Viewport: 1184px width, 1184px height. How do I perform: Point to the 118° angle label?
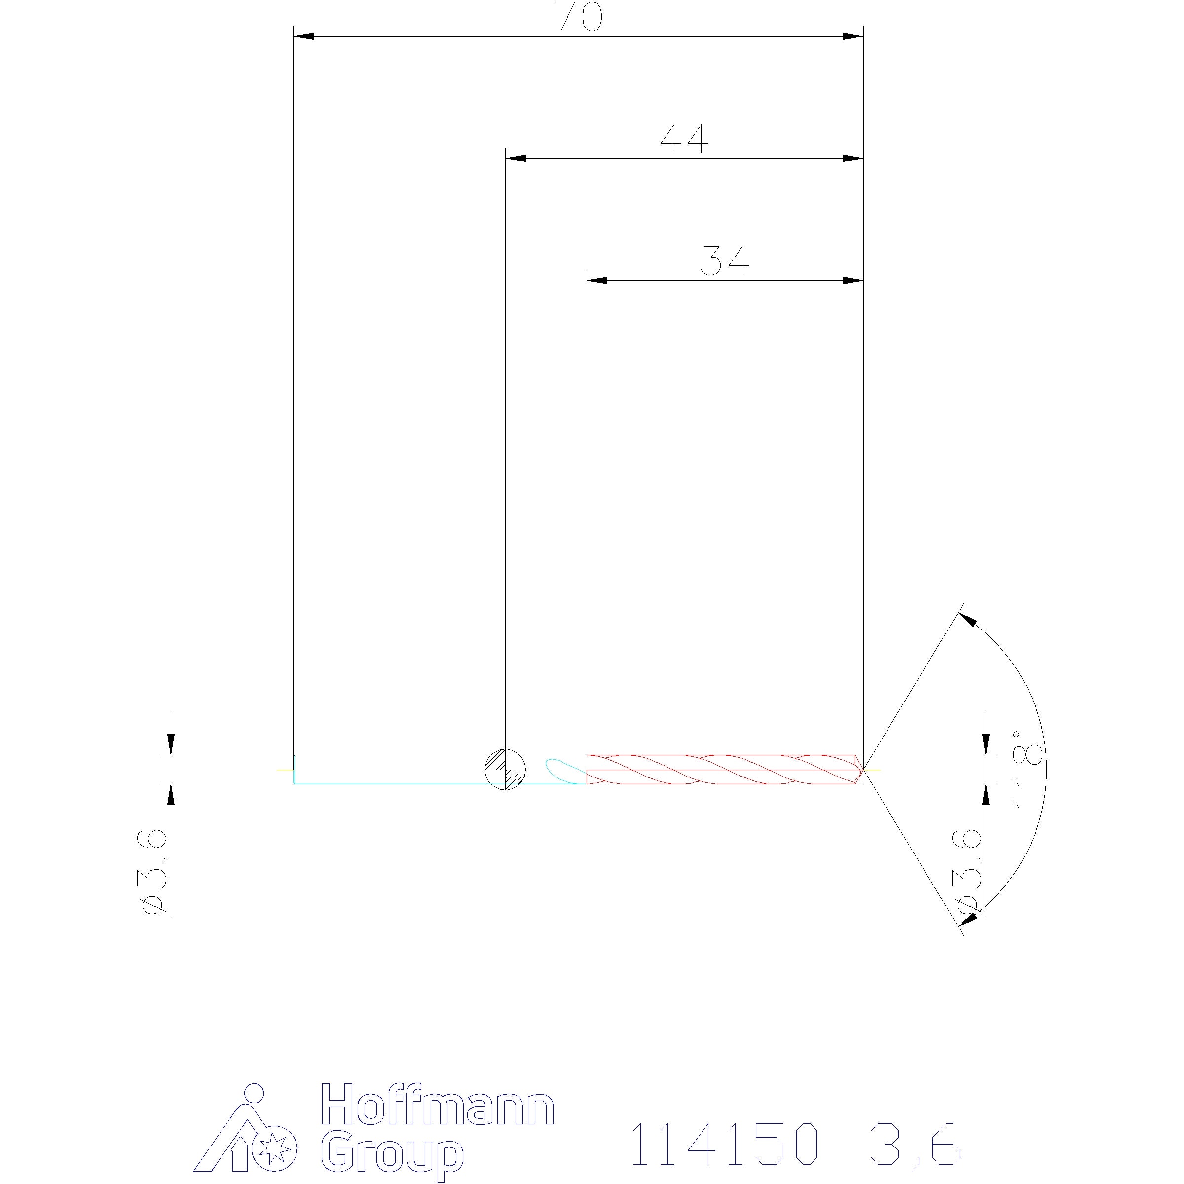tap(1028, 769)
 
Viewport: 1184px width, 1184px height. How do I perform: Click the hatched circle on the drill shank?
tap(505, 770)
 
